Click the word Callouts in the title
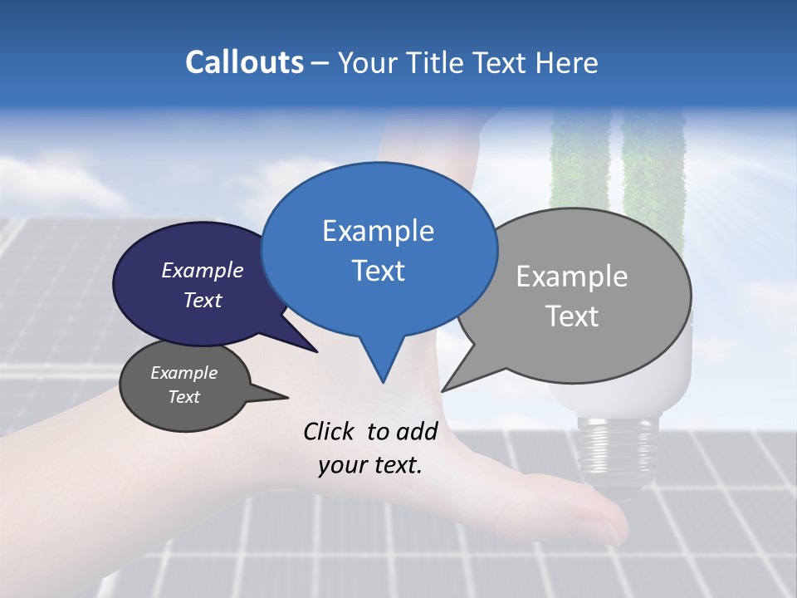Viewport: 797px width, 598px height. [244, 62]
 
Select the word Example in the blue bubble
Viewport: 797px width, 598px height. [378, 231]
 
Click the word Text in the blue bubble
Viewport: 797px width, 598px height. [378, 271]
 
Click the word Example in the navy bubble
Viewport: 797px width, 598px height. [202, 270]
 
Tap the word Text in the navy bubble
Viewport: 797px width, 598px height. [202, 300]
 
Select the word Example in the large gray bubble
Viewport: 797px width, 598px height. [572, 277]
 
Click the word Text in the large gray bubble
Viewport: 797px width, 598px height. [572, 316]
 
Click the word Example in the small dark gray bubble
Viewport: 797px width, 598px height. [183, 373]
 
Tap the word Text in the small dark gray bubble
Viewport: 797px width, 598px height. [183, 397]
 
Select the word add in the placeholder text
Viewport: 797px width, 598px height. [417, 431]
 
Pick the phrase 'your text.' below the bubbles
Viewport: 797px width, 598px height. [370, 465]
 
